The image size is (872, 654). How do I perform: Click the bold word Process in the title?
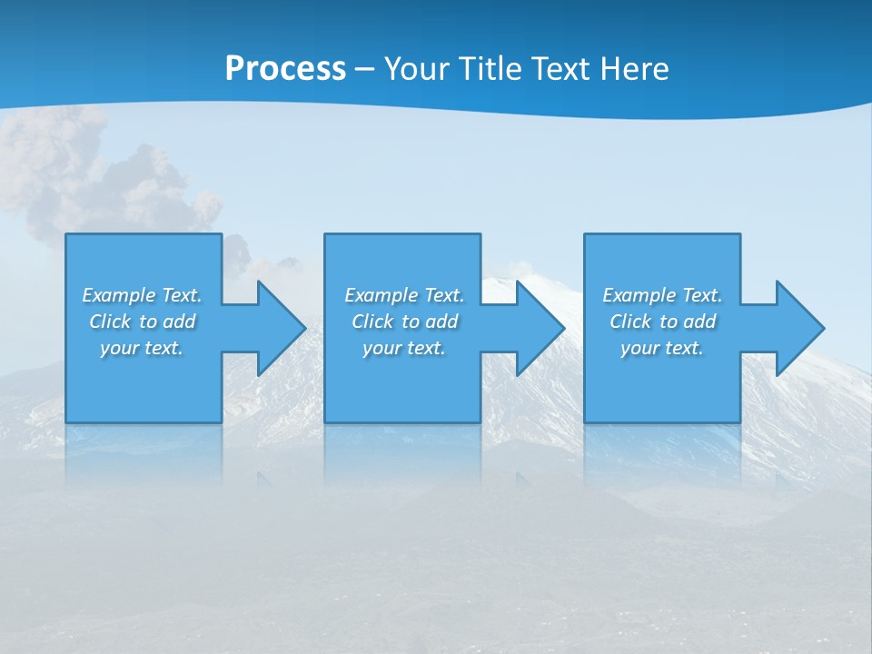[285, 69]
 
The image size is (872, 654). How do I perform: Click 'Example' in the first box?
[118, 295]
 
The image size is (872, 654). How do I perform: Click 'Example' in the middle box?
[381, 295]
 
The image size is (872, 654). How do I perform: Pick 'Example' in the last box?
[639, 295]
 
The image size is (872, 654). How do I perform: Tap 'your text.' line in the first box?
[142, 348]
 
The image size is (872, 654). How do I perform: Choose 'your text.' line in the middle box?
[403, 348]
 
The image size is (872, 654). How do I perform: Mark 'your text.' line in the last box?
[662, 348]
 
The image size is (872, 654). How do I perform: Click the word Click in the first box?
[110, 322]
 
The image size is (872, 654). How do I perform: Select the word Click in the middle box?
[372, 322]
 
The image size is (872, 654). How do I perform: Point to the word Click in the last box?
[630, 322]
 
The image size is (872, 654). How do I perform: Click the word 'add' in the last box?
[699, 322]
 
